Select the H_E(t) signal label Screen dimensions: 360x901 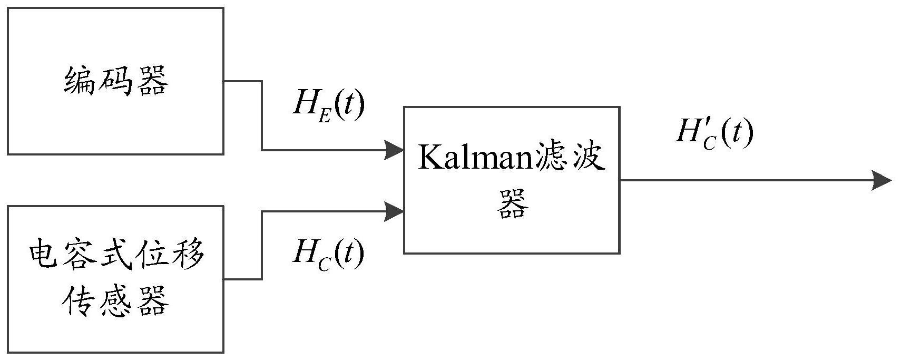point(328,105)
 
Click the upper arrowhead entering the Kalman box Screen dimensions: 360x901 point(394,150)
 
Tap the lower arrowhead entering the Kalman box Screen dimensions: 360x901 point(394,211)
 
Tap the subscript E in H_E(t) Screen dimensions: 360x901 point(324,116)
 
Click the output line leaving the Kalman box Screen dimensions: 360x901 point(738,180)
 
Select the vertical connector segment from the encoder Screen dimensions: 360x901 point(262,116)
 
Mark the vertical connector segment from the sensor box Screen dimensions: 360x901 point(262,245)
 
